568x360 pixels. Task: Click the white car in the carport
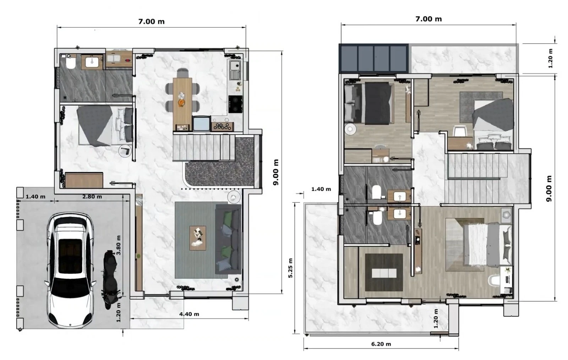click(x=71, y=270)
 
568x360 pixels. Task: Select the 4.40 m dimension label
click(x=189, y=314)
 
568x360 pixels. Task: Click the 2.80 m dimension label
click(x=92, y=197)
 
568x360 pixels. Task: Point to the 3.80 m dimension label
click(x=119, y=245)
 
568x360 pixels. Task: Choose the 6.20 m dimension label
click(x=381, y=344)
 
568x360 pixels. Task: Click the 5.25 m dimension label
click(x=291, y=268)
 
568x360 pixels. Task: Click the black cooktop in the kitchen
click(x=235, y=104)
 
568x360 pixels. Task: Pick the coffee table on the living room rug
click(x=198, y=238)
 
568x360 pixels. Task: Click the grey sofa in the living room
click(x=228, y=239)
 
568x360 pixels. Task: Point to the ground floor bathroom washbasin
click(x=92, y=62)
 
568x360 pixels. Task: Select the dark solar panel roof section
click(x=374, y=59)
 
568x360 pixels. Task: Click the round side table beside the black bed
click(x=350, y=129)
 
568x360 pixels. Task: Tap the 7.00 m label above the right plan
click(x=428, y=19)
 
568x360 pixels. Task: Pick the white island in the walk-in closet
click(x=384, y=273)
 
